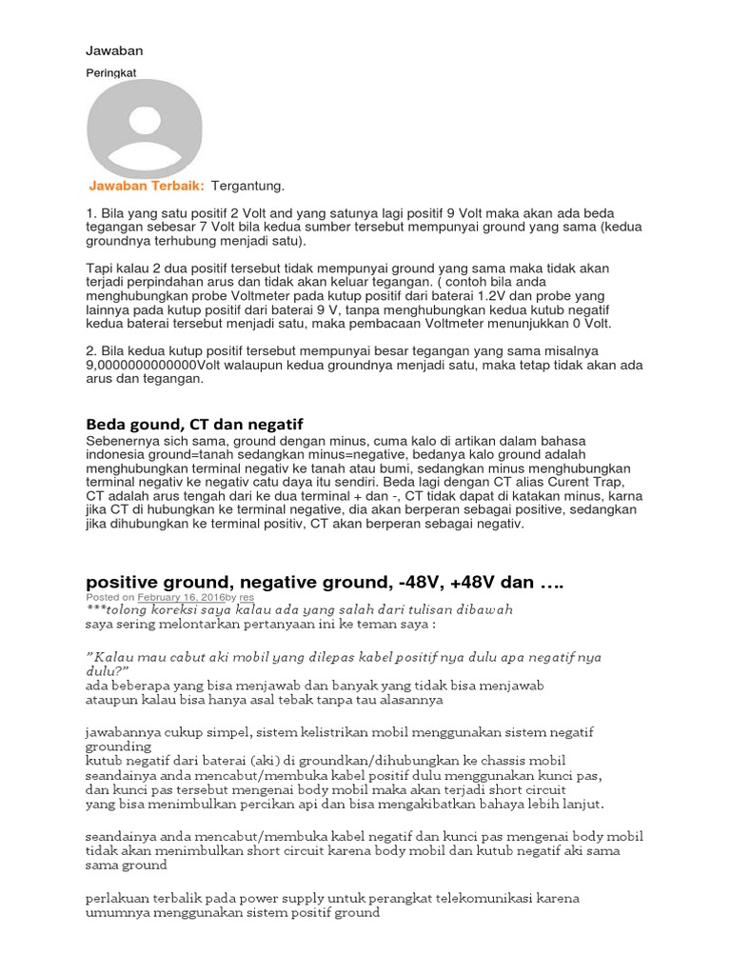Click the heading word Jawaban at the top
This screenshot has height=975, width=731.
click(x=114, y=50)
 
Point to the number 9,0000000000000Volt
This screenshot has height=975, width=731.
click(x=154, y=365)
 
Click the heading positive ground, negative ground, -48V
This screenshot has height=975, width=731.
click(x=334, y=581)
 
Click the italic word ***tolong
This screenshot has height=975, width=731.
click(x=115, y=609)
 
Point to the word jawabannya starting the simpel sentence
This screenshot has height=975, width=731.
click(x=124, y=731)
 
